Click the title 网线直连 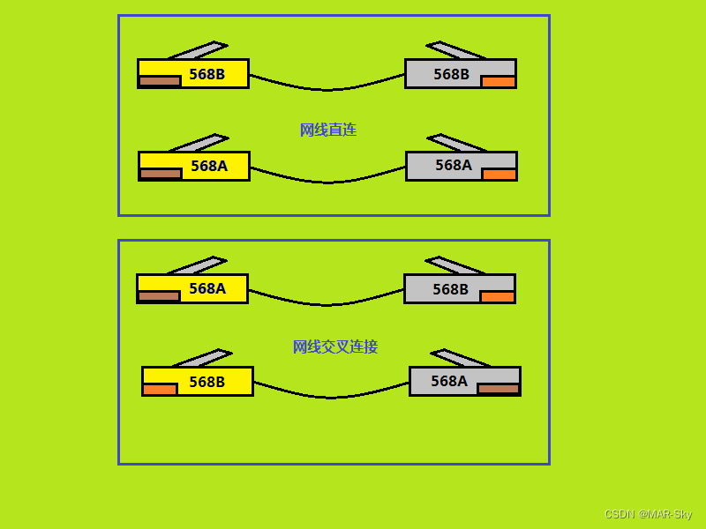click(328, 130)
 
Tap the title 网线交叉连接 click(335, 346)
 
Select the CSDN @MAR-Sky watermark click(648, 514)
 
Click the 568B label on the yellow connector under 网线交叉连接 click(207, 382)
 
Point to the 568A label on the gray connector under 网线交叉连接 click(449, 381)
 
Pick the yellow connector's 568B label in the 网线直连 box click(207, 74)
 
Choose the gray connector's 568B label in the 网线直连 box click(451, 74)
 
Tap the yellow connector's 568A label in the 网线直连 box click(208, 166)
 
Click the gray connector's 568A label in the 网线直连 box click(453, 165)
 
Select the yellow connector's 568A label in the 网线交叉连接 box click(207, 288)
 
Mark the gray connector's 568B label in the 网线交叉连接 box click(450, 289)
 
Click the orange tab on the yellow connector click(160, 389)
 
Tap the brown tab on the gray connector click(499, 388)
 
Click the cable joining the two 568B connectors click(327, 88)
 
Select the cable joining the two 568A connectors click(328, 181)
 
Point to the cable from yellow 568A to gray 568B click(327, 303)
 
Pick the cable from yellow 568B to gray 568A click(331, 396)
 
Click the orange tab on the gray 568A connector click(499, 174)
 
